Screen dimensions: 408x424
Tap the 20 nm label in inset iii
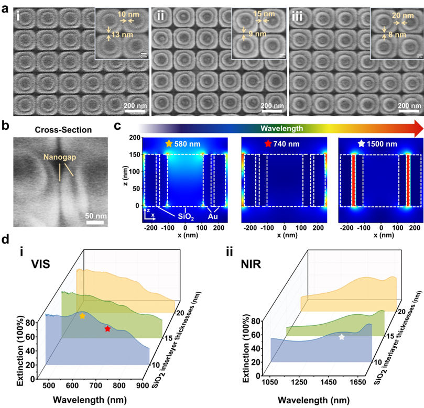[402, 16]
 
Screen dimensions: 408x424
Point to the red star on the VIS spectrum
[107, 329]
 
